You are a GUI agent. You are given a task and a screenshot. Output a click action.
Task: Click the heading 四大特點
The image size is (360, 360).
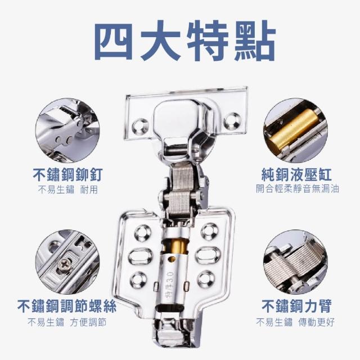(185, 40)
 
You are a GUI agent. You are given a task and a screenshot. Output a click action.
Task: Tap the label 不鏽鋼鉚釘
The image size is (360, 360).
(67, 175)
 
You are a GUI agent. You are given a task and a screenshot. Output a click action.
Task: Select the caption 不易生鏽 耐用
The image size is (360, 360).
(68, 190)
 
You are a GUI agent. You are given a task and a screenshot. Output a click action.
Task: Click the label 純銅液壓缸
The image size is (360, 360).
(296, 175)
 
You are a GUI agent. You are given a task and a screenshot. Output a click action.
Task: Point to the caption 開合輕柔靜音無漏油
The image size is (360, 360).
(298, 189)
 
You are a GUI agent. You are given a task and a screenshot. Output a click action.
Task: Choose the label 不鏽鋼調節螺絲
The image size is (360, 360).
(67, 306)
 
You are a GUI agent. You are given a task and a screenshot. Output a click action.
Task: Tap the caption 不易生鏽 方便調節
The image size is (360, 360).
(67, 322)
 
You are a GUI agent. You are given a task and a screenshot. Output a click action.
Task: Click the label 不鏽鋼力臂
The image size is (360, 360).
(296, 306)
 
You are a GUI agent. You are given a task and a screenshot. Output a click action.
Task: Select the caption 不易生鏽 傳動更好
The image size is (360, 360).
(295, 322)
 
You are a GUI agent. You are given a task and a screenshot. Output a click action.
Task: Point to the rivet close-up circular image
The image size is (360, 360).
(67, 130)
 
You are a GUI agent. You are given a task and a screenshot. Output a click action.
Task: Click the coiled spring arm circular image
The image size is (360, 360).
(295, 262)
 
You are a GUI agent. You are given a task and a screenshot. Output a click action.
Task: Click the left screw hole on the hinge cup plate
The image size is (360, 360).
(140, 126)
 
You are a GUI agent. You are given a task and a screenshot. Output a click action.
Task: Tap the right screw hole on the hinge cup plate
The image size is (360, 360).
(232, 120)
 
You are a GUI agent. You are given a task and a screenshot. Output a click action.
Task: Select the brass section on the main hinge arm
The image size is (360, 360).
(175, 247)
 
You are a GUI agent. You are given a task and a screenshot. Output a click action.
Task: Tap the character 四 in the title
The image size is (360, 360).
(113, 41)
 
